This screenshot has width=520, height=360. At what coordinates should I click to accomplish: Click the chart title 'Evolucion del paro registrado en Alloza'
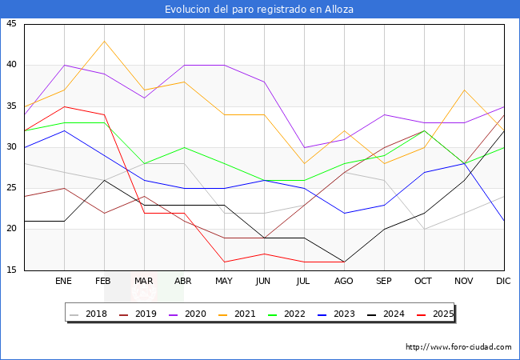[x=259, y=10]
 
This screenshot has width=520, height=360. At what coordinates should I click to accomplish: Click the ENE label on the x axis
[x=64, y=282]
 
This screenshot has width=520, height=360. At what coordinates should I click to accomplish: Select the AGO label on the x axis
[x=344, y=282]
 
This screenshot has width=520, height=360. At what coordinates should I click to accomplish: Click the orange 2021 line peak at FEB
[x=104, y=41]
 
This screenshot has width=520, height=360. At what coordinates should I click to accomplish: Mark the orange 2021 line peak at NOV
[x=464, y=90]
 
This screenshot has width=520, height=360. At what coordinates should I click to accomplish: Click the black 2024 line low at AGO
[x=344, y=262]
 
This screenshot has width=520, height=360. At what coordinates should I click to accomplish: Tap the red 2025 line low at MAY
[x=224, y=262]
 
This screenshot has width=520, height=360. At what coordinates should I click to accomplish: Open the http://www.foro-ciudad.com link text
[x=458, y=347]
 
